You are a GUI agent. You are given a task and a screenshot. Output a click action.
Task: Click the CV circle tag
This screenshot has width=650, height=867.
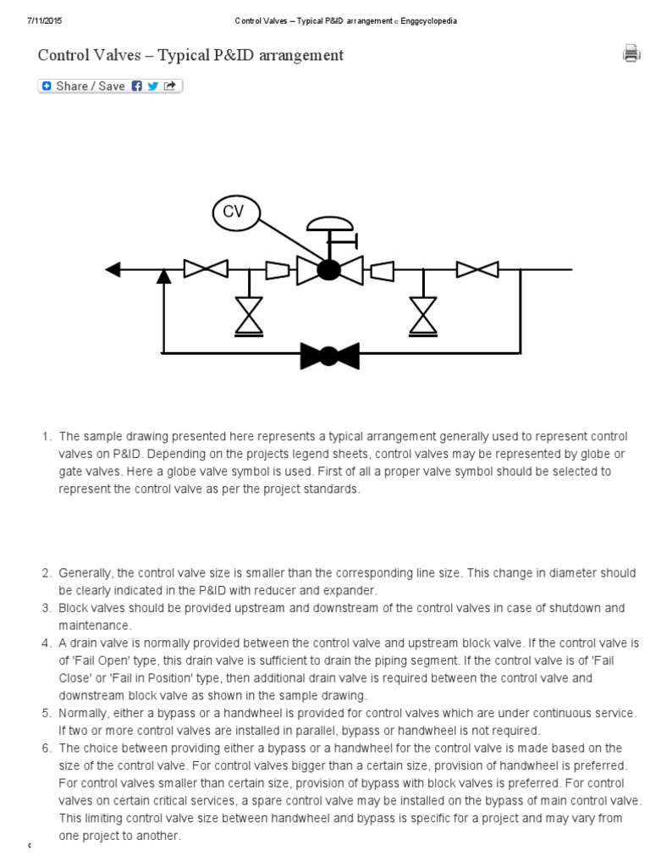coord(234,213)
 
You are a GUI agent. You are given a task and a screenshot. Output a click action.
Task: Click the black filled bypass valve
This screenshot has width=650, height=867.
coord(330,356)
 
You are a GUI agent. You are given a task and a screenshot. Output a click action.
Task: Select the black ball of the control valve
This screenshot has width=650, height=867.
coord(328,270)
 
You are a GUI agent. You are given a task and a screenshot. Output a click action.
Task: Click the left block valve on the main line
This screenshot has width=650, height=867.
coord(206,269)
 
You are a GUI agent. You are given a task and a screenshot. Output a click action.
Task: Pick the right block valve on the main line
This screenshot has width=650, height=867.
coord(477,269)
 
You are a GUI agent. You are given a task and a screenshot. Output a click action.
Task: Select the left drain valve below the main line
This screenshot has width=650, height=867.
coord(249,316)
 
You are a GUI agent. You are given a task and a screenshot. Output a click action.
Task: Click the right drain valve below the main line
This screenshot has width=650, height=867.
coord(421,316)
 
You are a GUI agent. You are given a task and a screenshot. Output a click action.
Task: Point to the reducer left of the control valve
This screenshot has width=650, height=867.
coord(277,270)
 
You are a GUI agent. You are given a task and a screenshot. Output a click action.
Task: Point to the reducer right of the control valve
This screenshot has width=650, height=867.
coord(382,270)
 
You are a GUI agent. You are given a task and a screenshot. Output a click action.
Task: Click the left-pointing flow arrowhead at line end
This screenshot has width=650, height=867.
coord(113,269)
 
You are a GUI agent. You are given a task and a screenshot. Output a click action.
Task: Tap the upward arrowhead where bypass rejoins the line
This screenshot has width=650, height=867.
coord(163,274)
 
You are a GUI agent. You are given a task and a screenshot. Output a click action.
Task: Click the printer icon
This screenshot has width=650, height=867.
coord(631,54)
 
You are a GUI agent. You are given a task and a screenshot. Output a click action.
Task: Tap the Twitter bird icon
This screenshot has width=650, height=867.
coord(152,86)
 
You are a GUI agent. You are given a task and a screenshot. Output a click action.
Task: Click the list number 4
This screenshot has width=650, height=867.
coord(47,643)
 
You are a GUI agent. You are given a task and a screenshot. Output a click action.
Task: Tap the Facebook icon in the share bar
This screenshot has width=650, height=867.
coord(137,86)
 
